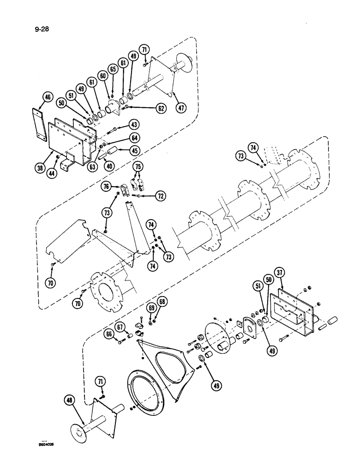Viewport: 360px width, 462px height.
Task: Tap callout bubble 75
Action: point(138,167)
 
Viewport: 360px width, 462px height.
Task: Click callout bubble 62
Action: point(161,109)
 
